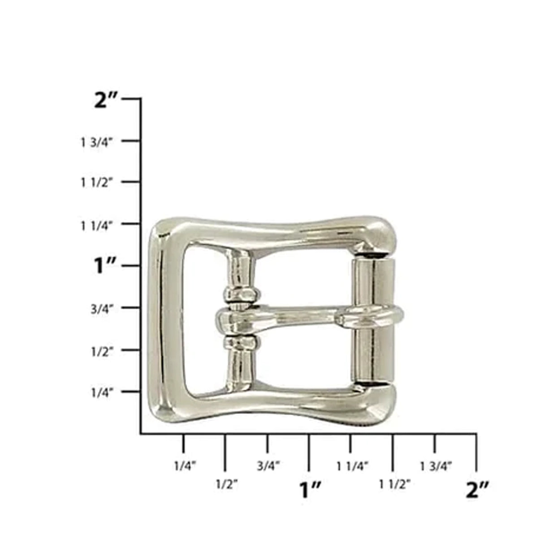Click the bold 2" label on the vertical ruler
point(106,100)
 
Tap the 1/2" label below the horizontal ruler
point(227,484)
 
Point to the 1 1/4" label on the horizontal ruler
point(353,466)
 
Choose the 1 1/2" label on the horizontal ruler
point(395,484)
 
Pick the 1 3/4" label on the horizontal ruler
point(436,466)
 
